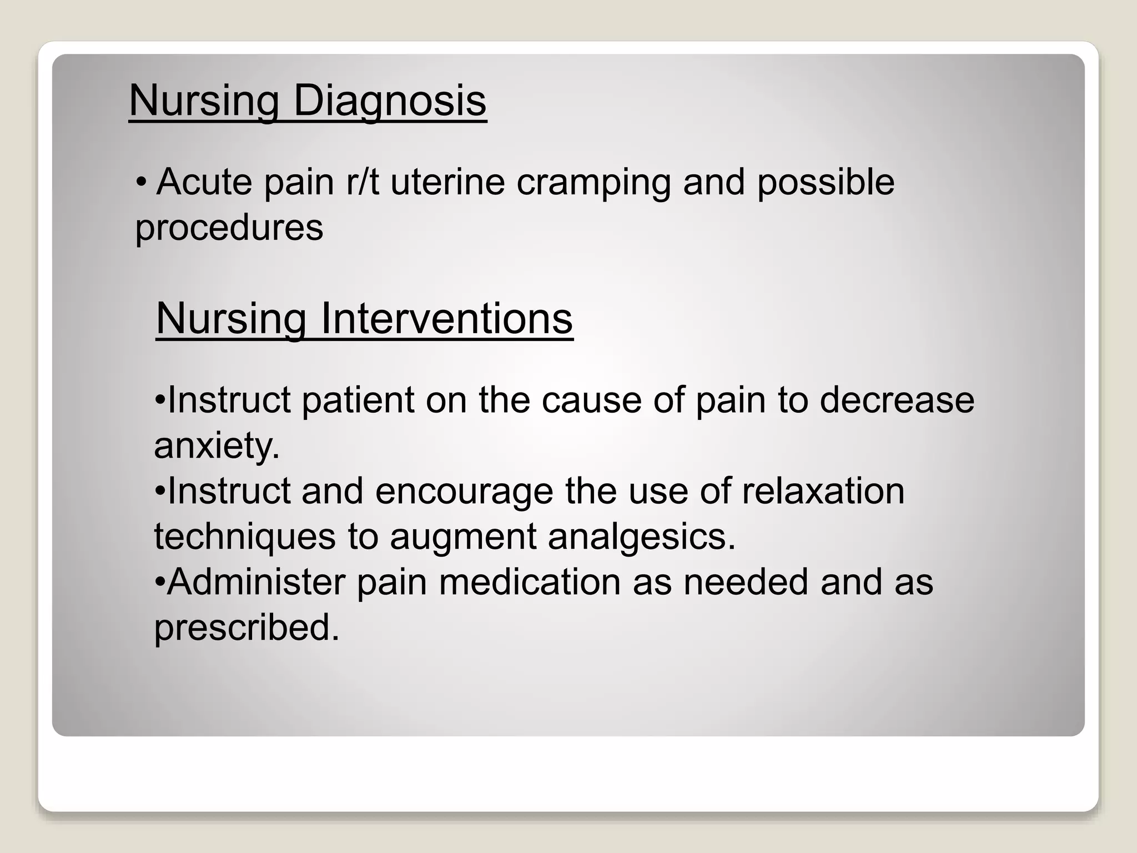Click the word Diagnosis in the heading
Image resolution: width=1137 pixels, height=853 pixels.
389,101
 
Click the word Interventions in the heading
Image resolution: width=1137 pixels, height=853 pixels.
446,319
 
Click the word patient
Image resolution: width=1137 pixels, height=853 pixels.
358,400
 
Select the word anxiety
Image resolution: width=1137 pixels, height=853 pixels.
217,446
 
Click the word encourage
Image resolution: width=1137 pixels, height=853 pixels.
464,492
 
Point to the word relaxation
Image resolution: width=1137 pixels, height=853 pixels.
823,491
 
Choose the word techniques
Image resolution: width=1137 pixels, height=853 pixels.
245,538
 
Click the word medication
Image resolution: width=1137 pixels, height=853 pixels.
530,583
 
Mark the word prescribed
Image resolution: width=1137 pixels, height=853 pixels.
246,629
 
